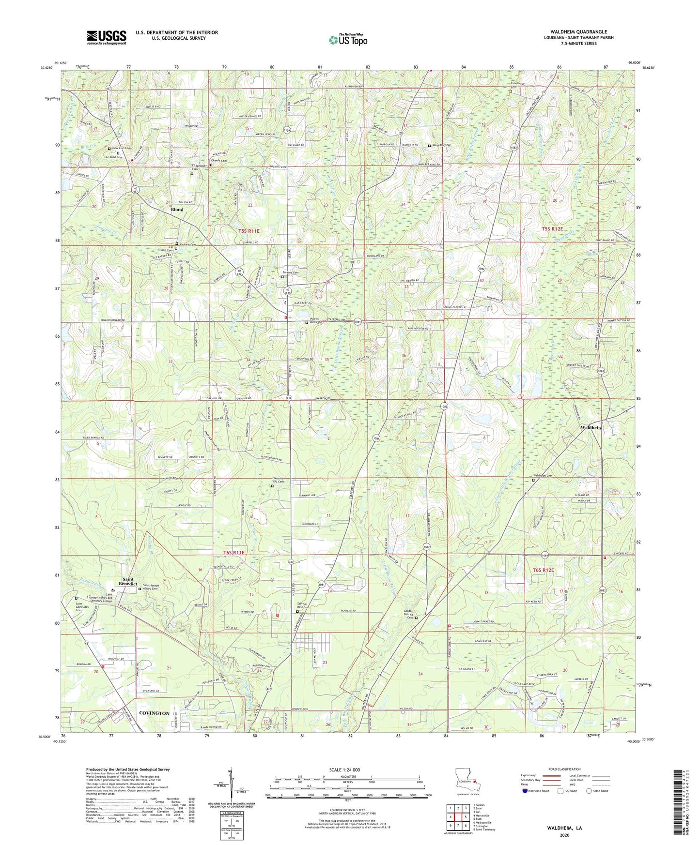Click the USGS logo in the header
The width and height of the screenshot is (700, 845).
tap(107, 37)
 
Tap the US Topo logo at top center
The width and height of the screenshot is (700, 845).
tap(348, 40)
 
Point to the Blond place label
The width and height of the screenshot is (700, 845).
tap(177, 210)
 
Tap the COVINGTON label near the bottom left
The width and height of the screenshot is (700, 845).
tap(154, 713)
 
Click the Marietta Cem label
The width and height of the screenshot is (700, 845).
tap(441, 145)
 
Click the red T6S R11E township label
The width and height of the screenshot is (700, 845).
tap(234, 553)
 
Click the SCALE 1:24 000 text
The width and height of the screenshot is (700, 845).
tap(344, 770)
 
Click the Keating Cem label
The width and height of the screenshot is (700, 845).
tap(188, 244)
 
